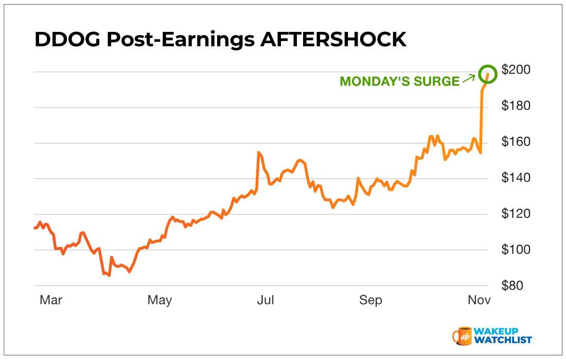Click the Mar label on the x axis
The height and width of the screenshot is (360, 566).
[x=51, y=300]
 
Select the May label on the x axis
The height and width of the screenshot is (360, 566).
[x=160, y=300]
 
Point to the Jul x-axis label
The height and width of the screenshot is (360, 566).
[x=266, y=300]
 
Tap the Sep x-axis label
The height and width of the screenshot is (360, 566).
[x=371, y=300]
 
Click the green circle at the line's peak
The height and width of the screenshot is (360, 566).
[x=488, y=74]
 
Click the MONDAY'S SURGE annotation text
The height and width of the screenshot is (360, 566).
[x=399, y=82]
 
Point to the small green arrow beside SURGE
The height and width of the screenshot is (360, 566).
[x=469, y=79]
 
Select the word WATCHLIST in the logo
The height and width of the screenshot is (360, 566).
[x=504, y=340]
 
